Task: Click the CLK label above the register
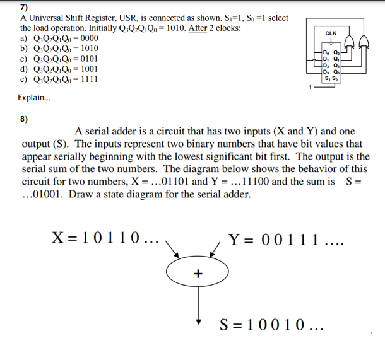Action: pos(331,33)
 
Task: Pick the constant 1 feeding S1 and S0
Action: pos(310,86)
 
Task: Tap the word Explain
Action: pos(35,98)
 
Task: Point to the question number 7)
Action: pos(24,8)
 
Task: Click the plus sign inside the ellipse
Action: pos(198,273)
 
